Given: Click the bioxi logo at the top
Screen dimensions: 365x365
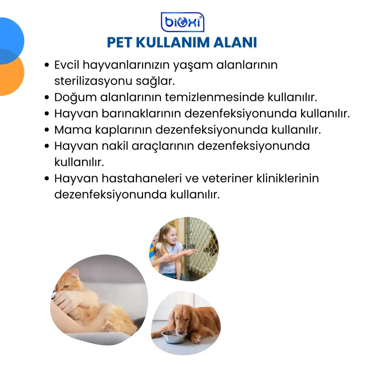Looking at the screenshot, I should tap(182, 22).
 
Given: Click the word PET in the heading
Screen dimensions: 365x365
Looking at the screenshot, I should tap(119, 43).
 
